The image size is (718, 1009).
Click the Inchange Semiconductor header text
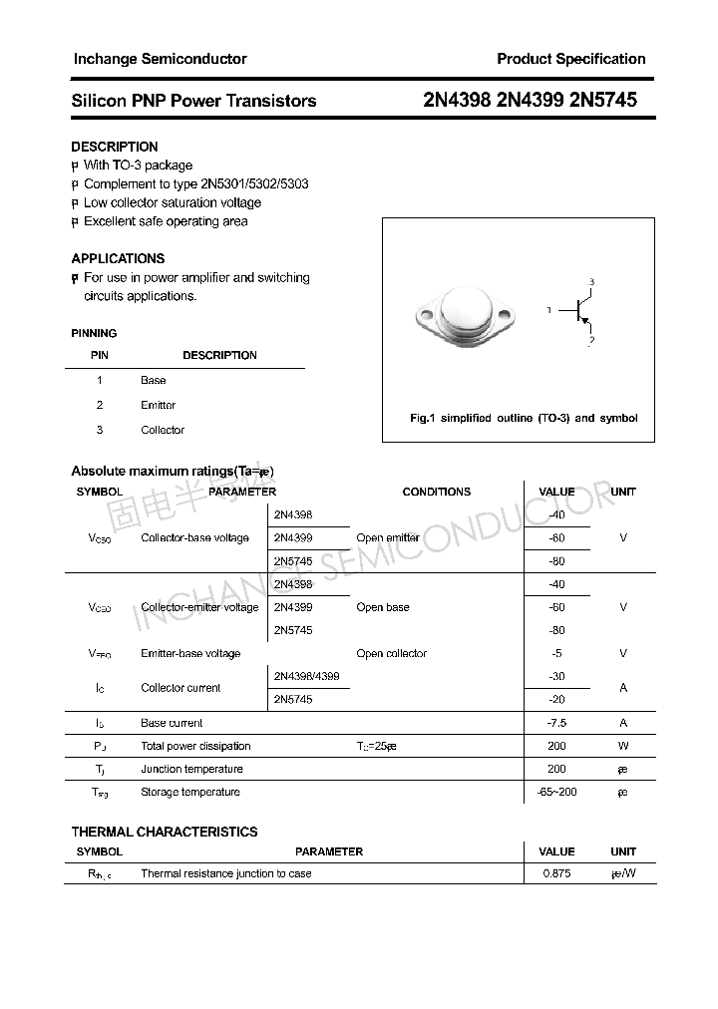[x=161, y=59]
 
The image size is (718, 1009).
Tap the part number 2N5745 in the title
[x=601, y=100]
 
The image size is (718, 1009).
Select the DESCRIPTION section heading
[x=115, y=147]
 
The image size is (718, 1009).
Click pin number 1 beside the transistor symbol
[x=549, y=311]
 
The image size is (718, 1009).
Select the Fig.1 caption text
[x=524, y=418]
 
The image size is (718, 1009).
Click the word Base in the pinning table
[x=154, y=380]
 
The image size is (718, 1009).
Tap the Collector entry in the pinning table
[x=163, y=430]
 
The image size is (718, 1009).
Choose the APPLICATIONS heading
[x=118, y=258]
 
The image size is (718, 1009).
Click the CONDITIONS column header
[x=436, y=492]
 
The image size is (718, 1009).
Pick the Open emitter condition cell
[x=388, y=537]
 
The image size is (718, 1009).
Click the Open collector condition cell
[x=391, y=653]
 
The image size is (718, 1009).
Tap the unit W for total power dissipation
[x=623, y=746]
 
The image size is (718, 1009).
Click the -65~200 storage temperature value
[x=556, y=792]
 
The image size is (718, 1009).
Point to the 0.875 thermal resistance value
[x=556, y=873]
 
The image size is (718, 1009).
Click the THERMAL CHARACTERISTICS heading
[x=165, y=832]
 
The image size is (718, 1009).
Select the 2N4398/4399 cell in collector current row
[x=306, y=676]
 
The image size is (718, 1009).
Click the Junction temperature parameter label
[x=191, y=769]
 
